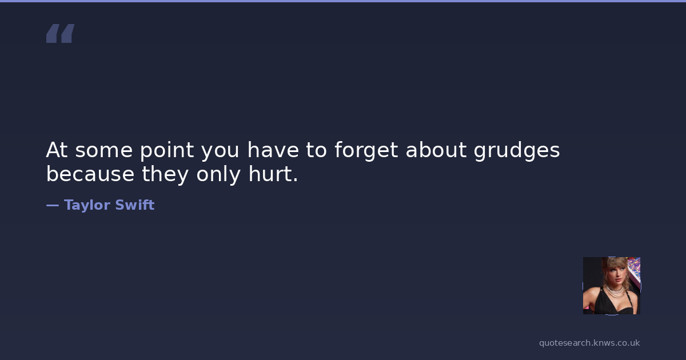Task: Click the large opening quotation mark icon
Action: [61, 33]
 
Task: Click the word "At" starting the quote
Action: [57, 150]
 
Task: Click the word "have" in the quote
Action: [273, 150]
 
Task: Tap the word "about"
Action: [436, 150]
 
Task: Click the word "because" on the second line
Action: [90, 174]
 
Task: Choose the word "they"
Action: [165, 174]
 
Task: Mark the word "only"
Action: [218, 174]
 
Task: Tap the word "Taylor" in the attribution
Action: [87, 205]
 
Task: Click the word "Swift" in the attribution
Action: [135, 205]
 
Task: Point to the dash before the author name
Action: [53, 205]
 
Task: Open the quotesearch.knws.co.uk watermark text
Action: [589, 343]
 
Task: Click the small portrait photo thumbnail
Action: [612, 286]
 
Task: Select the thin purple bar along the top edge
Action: [343, 1]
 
